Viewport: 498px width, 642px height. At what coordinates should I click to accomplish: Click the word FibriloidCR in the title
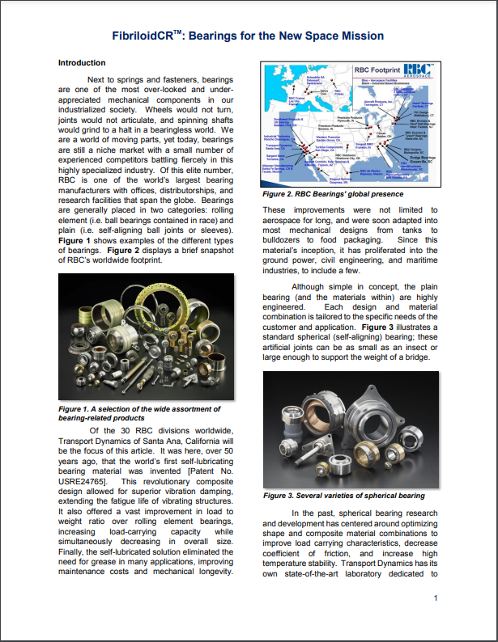(146, 36)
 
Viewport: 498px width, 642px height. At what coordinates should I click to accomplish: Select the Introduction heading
(82, 63)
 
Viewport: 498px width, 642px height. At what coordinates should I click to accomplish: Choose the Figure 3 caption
(334, 495)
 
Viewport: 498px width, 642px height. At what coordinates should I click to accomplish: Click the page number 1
(435, 598)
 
